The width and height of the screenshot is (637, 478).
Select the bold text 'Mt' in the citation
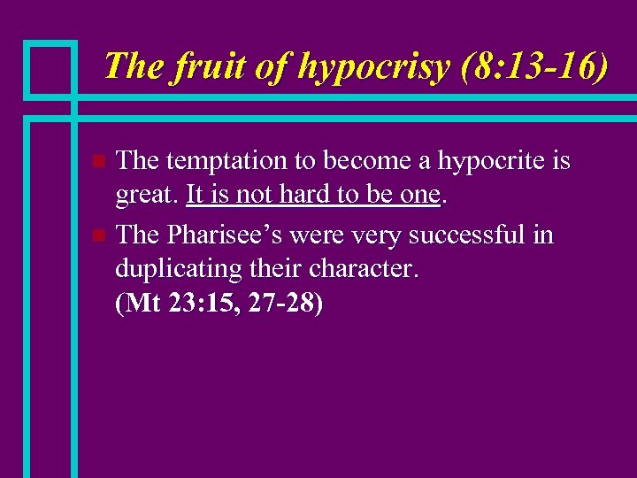(143, 305)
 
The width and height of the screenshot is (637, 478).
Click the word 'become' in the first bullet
(365, 162)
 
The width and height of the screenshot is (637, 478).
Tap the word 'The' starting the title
(129, 66)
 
